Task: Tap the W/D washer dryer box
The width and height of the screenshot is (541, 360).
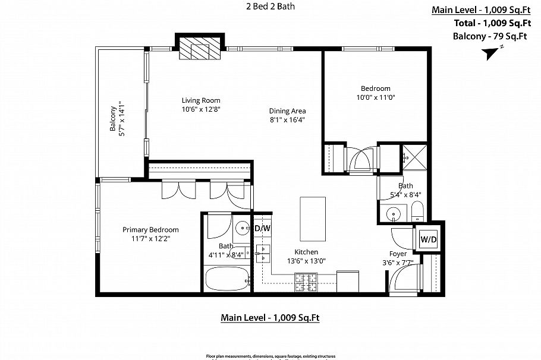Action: pos(429,239)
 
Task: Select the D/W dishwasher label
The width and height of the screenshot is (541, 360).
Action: pos(262,228)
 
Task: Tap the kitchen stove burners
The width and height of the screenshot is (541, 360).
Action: pos(306,282)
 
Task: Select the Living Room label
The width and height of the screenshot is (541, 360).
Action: pos(201,100)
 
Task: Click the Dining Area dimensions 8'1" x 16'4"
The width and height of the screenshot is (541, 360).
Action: pos(287,119)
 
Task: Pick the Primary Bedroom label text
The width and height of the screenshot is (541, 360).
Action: pos(150,230)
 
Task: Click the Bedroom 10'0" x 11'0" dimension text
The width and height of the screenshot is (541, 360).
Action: pos(375,97)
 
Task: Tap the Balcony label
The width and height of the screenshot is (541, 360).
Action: pos(113,119)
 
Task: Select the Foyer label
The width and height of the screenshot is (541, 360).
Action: pos(398,253)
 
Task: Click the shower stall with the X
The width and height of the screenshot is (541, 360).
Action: pos(415,157)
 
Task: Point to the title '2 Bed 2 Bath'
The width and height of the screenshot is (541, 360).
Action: pos(270,7)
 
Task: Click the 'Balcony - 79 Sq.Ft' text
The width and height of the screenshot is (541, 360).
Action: pos(490,36)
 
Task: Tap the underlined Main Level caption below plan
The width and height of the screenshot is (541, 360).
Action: pos(270,318)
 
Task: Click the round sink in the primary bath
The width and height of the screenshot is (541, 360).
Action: pos(242,228)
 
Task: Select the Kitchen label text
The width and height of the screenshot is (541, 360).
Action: pos(306,252)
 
